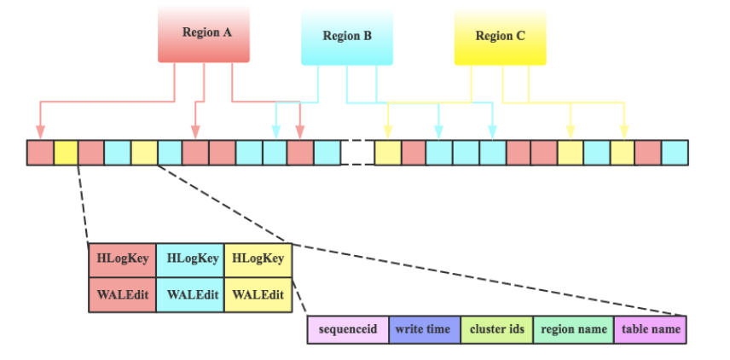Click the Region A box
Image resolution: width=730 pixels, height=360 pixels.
pos(204,34)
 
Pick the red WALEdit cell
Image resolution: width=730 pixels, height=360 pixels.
pos(122,294)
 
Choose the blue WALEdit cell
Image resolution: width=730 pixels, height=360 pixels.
pos(190,294)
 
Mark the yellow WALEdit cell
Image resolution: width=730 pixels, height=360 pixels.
pos(258,294)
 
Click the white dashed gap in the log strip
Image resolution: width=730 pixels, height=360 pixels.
pos(357,153)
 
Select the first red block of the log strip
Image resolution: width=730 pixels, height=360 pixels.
pos(39,153)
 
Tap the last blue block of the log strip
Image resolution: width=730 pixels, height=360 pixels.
pos(675,153)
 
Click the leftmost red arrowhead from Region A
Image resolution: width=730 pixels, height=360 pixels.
pos(39,132)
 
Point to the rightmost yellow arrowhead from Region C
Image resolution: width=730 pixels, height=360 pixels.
pos(623,132)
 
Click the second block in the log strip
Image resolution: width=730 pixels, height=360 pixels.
pos(66,153)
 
